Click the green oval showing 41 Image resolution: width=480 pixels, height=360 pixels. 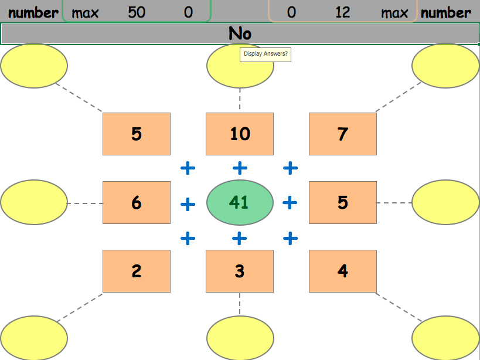(240, 202)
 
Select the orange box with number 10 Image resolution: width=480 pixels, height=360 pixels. (240, 134)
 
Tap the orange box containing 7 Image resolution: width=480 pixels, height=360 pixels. (342, 134)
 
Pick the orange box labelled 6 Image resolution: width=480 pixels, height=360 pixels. (137, 202)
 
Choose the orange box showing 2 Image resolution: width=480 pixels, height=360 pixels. (137, 271)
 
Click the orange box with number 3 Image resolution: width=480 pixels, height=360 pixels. (240, 271)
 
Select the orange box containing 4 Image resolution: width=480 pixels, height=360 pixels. (342, 271)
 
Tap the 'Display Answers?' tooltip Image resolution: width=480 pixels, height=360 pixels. (265, 54)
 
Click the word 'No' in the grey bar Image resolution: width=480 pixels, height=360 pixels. (240, 34)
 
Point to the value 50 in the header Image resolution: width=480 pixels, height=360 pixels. (137, 12)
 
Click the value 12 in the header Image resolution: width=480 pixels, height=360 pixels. (343, 12)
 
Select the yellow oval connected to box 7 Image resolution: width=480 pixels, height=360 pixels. (445, 66)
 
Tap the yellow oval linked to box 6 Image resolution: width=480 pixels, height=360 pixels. (34, 202)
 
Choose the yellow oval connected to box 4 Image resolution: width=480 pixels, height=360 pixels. (445, 338)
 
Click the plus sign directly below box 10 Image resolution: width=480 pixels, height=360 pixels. (240, 169)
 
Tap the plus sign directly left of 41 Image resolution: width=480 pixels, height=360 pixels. (188, 204)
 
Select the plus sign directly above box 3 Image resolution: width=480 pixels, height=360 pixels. (240, 238)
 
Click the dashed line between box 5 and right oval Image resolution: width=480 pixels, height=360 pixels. (394, 203)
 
